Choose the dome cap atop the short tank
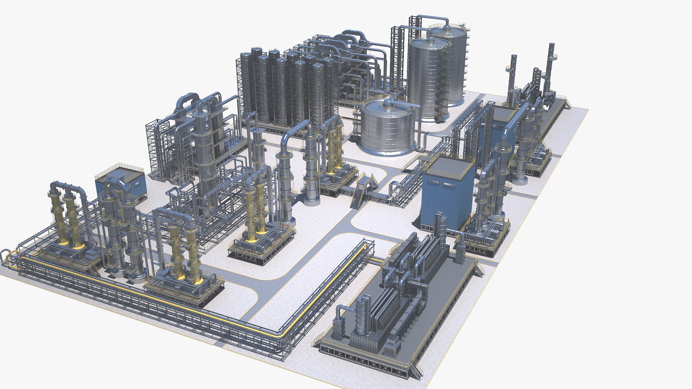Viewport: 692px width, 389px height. pos(389,102)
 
